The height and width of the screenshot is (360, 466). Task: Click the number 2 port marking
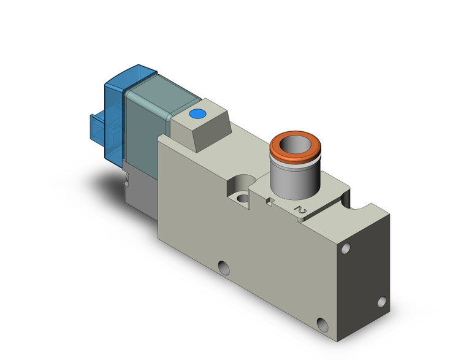point(300,210)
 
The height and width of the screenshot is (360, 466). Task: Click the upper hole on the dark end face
point(347,249)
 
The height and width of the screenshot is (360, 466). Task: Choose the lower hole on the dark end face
point(383,301)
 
